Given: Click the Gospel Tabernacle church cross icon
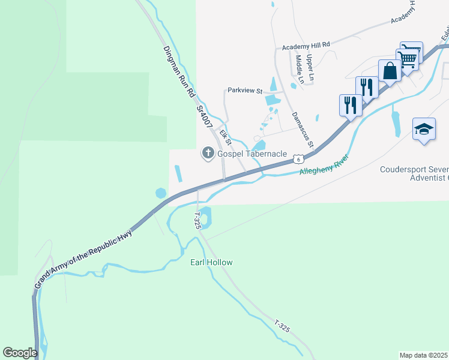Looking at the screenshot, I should pyautogui.click(x=208, y=154).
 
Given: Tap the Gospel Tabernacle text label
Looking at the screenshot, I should pyautogui.click(x=252, y=154).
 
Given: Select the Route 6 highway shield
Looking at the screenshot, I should pyautogui.click(x=298, y=159).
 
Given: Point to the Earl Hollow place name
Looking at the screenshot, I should pyautogui.click(x=211, y=262).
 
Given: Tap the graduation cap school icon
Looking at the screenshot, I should pyautogui.click(x=424, y=129).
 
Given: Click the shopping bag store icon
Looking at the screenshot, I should pyautogui.click(x=390, y=70).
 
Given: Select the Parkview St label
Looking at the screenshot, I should pyautogui.click(x=246, y=91).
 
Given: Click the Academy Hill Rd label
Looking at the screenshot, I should pyautogui.click(x=306, y=45).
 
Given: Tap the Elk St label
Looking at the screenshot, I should pyautogui.click(x=226, y=138).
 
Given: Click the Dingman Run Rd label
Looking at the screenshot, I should pyautogui.click(x=178, y=72).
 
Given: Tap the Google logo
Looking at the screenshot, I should pyautogui.click(x=20, y=353).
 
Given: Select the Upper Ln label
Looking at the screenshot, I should pyautogui.click(x=310, y=68).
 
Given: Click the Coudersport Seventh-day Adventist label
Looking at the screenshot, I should pyautogui.click(x=414, y=173).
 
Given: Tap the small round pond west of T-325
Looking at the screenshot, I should pyautogui.click(x=161, y=193).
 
